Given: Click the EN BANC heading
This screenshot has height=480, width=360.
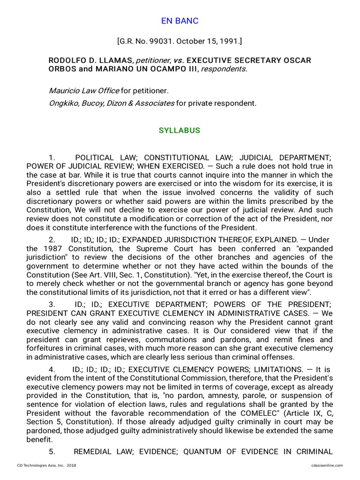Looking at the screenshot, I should pos(180,21).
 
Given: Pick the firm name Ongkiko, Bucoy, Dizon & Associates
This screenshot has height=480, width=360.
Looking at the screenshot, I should pos(112,103).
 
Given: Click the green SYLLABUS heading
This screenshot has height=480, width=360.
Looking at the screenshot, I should pos(180,130).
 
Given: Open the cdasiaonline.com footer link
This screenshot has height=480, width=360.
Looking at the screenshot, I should pos(327,465).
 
